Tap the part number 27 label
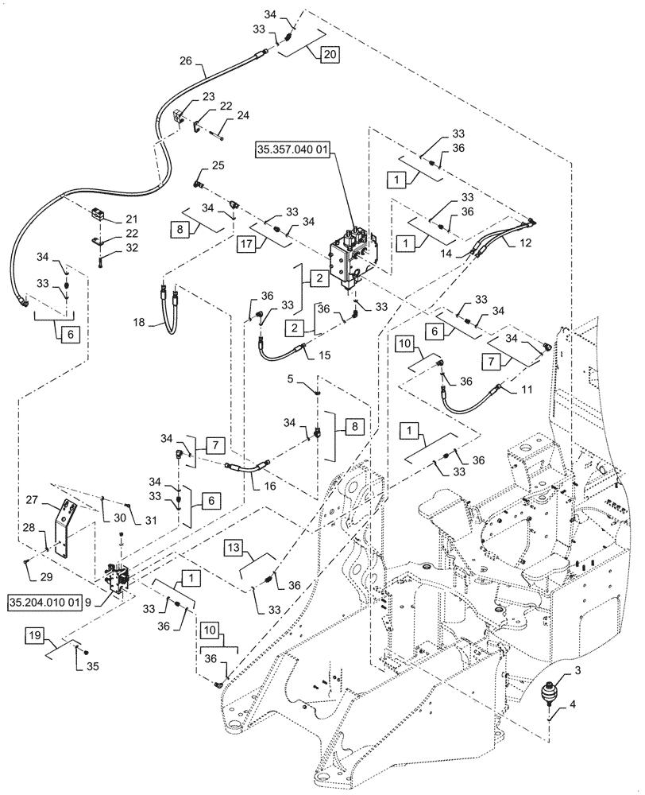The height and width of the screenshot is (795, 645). (53, 501)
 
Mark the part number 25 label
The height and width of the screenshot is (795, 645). (196, 165)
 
